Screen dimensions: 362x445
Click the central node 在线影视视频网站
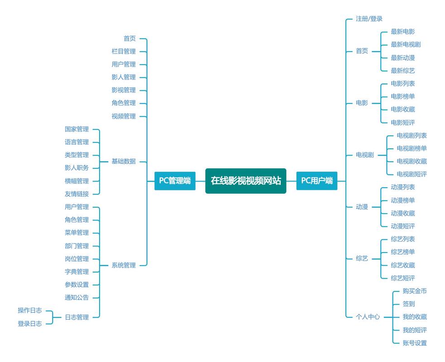(245, 181)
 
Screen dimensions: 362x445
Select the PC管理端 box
(175, 181)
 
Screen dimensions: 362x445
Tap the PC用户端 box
(317, 181)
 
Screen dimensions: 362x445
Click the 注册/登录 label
(369, 19)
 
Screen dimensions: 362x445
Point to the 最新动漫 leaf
(402, 58)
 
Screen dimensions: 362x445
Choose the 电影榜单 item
(402, 96)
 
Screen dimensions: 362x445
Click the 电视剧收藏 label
(412, 161)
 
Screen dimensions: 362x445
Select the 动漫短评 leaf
(402, 226)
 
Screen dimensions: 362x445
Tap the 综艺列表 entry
(402, 239)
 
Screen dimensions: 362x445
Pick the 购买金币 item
(414, 291)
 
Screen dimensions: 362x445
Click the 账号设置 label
(414, 343)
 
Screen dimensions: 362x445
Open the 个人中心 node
(368, 317)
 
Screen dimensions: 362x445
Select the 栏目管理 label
(124, 52)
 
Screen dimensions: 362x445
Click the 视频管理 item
(124, 116)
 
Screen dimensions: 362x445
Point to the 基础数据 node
(124, 162)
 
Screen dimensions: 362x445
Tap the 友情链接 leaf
(77, 194)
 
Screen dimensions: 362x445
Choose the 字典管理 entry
(77, 272)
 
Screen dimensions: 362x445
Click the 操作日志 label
(30, 310)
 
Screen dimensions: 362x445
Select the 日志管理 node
(77, 317)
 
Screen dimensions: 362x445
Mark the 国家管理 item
(77, 129)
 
